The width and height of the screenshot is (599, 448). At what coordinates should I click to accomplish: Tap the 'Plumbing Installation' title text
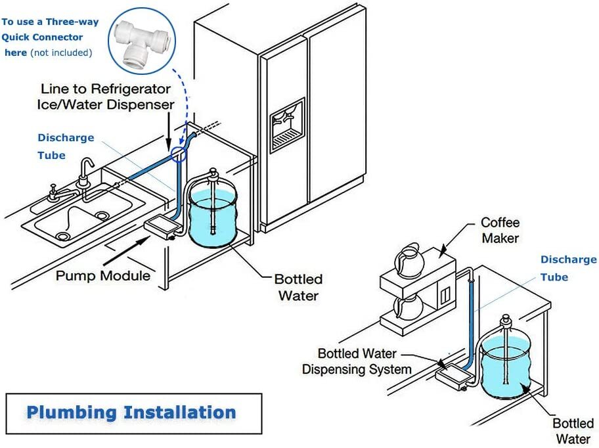click(x=131, y=413)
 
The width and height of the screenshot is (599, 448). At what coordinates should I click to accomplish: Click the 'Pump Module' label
click(x=102, y=275)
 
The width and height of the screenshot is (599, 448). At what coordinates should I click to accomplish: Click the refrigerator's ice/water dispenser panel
click(x=287, y=125)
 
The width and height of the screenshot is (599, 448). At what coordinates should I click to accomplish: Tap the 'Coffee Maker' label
click(x=500, y=230)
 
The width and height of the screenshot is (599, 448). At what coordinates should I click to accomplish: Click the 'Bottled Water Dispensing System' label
click(x=357, y=361)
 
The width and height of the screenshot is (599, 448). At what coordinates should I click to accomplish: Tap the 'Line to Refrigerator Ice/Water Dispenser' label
click(x=107, y=96)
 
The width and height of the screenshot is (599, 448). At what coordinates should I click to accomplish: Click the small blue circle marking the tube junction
click(x=178, y=154)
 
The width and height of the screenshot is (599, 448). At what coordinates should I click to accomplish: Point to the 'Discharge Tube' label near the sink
click(x=65, y=146)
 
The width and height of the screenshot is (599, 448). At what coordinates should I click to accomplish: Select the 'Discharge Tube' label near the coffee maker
click(x=568, y=268)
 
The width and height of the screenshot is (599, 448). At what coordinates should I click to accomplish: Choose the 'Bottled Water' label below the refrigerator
click(x=298, y=287)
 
